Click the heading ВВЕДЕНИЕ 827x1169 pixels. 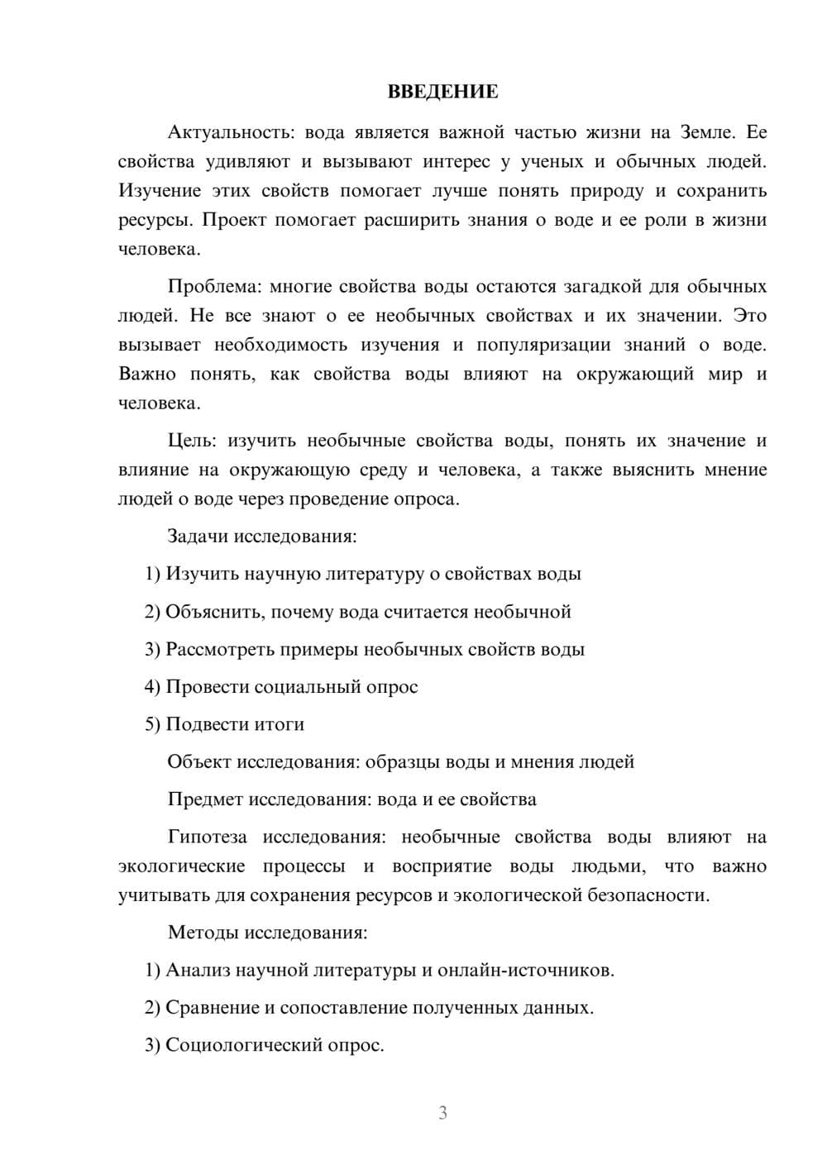click(x=442, y=92)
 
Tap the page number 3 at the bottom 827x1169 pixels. click(x=442, y=1113)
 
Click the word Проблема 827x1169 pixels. click(x=213, y=287)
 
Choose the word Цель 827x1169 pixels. click(x=190, y=441)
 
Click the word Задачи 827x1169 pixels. click(x=198, y=537)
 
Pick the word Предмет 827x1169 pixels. click(x=205, y=799)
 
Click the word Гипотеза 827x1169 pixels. click(x=207, y=837)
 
